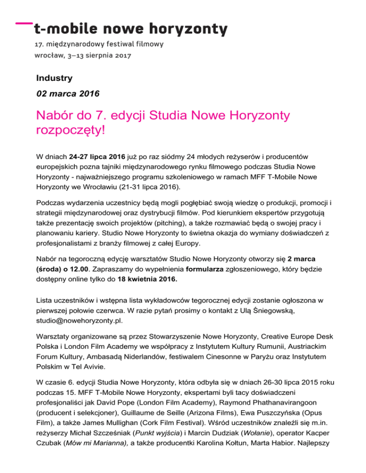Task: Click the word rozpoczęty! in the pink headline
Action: (73, 130)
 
